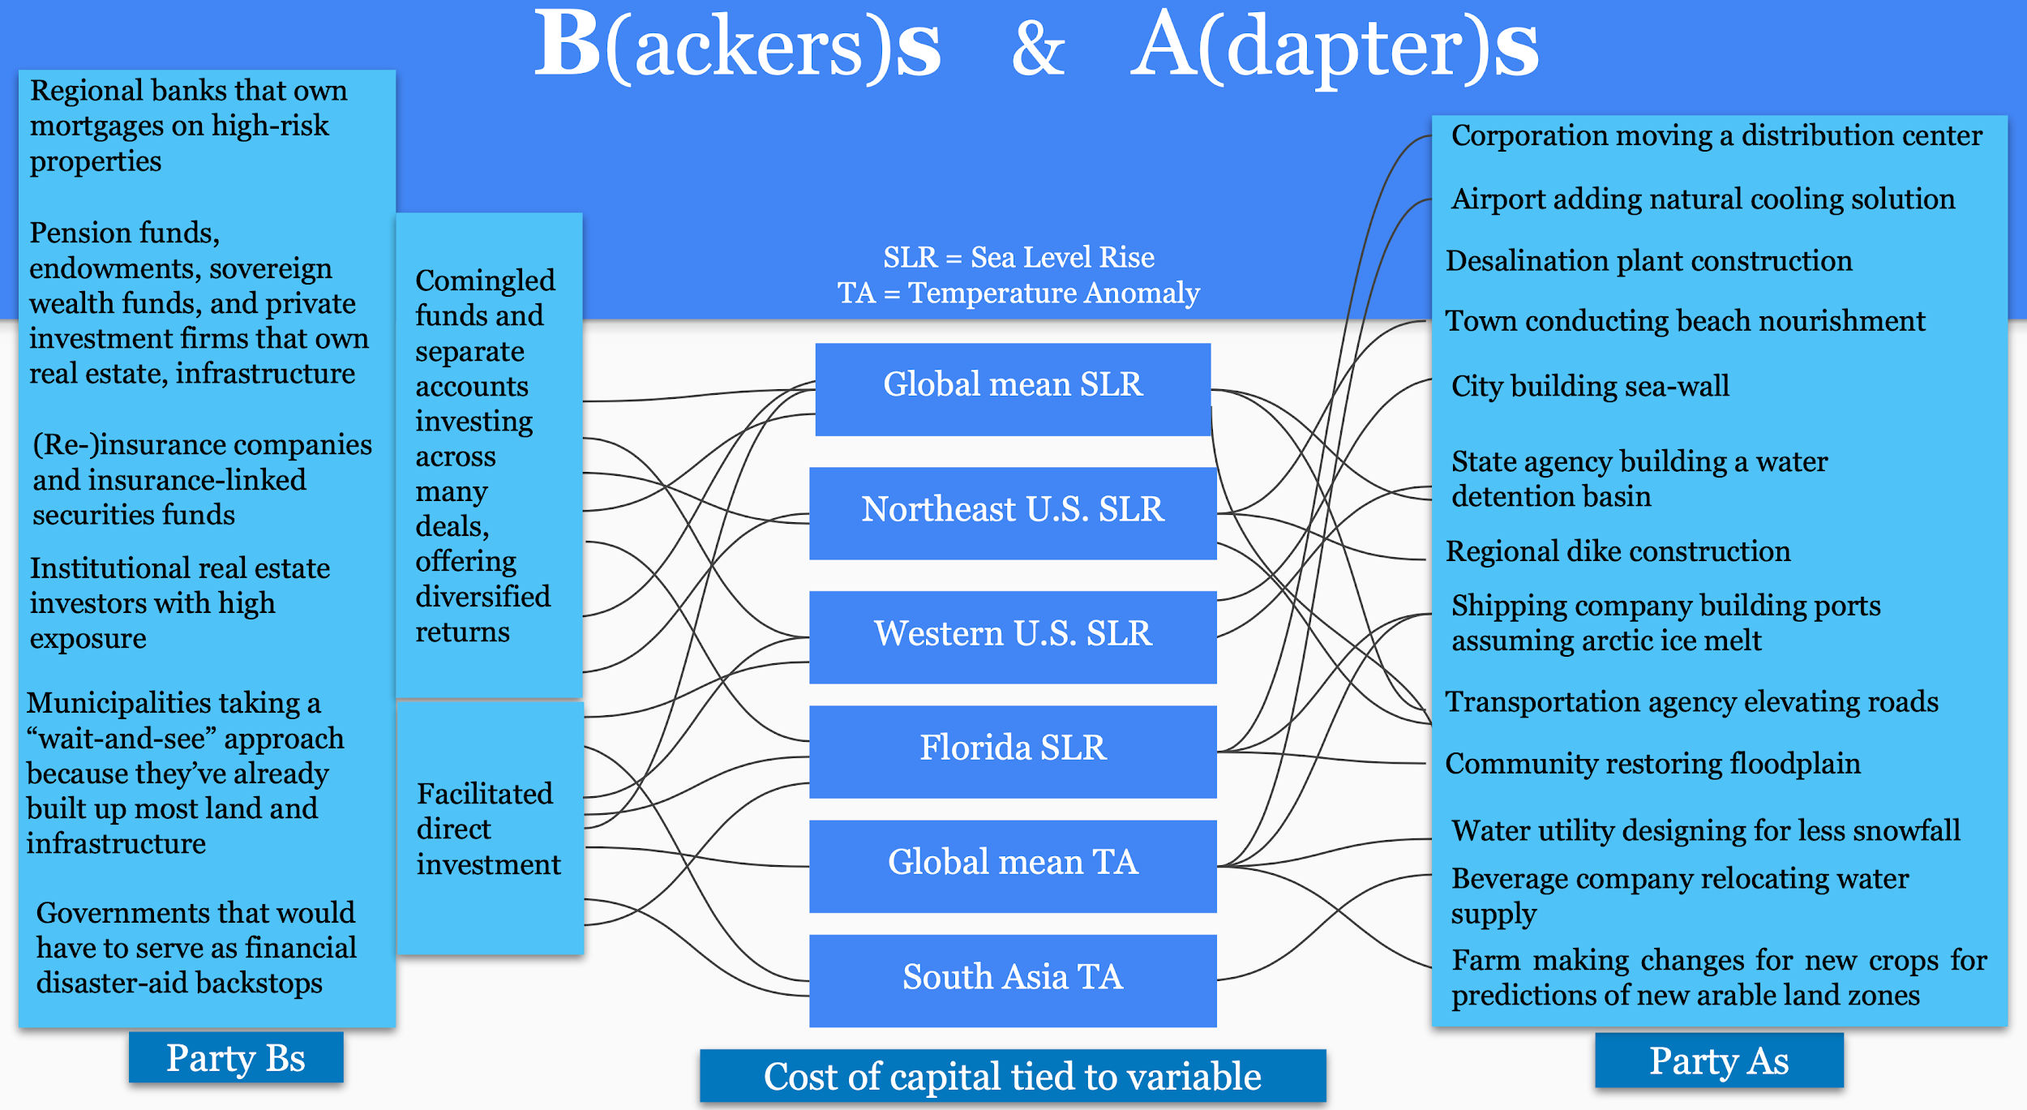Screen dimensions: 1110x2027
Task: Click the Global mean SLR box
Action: click(1013, 388)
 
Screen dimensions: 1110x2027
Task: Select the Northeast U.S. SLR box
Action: click(1013, 512)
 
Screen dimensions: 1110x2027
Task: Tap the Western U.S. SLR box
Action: click(1013, 636)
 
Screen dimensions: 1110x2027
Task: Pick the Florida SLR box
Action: click(1013, 751)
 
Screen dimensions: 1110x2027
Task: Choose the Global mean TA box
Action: click(1013, 865)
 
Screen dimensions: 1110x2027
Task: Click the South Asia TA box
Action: click(1013, 979)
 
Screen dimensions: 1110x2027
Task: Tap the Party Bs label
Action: click(235, 1057)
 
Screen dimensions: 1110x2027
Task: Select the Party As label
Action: click(1718, 1060)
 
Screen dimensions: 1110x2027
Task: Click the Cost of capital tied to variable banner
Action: click(1012, 1076)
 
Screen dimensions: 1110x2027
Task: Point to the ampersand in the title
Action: click(1037, 49)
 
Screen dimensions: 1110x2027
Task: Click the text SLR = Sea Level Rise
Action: click(1018, 257)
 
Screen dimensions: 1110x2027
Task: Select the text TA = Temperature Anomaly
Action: click(1018, 293)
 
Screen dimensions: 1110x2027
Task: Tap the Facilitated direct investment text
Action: click(487, 829)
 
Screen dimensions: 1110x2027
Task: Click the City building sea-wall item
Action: click(1589, 386)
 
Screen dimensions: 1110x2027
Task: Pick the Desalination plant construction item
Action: click(1648, 261)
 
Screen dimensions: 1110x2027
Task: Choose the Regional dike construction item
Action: click(1618, 551)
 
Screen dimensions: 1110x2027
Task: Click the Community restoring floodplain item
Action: click(1652, 764)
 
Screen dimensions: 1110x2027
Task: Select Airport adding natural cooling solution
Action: click(1703, 199)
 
